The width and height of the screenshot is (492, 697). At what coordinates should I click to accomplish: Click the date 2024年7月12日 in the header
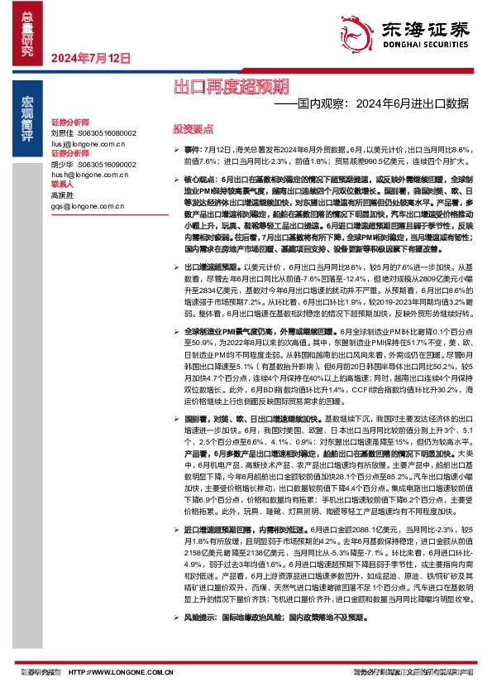pyautogui.click(x=91, y=59)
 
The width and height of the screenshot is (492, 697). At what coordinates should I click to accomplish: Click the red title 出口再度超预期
pyautogui.click(x=231, y=85)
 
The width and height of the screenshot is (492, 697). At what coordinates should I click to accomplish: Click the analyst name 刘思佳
pyautogui.click(x=63, y=133)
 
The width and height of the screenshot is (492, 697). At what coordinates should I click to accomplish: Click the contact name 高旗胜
pyautogui.click(x=63, y=196)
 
